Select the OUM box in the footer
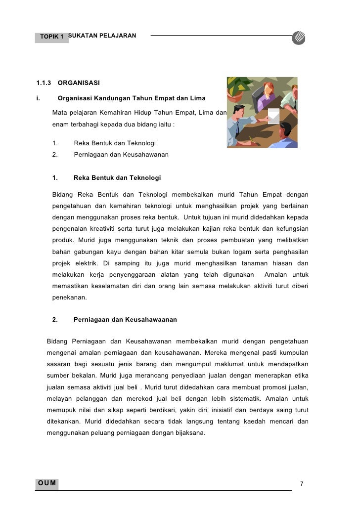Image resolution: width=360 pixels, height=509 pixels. tap(47, 483)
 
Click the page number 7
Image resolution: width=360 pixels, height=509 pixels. tap(302, 483)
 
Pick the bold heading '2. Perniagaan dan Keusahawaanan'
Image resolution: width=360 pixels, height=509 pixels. tap(125, 320)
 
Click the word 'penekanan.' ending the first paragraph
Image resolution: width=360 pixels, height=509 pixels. tap(69, 298)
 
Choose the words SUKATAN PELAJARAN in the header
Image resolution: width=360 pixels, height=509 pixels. tap(102, 36)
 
